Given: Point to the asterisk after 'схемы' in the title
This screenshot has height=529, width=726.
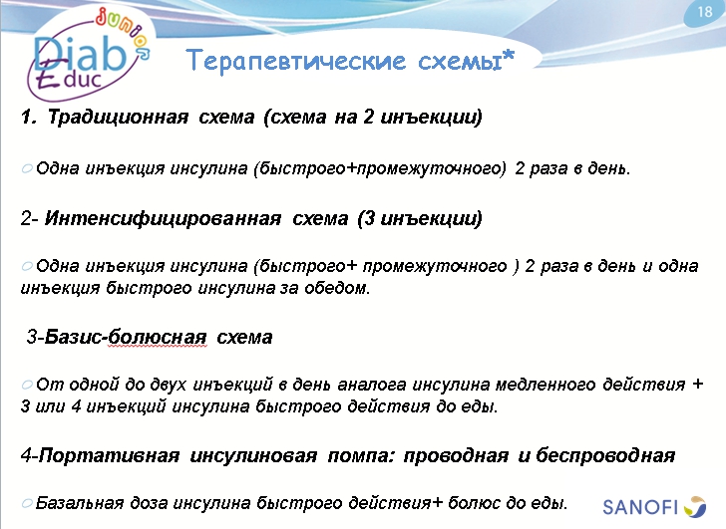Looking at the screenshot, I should point(509,58).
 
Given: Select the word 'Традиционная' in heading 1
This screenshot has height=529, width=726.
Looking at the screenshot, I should point(118,118).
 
